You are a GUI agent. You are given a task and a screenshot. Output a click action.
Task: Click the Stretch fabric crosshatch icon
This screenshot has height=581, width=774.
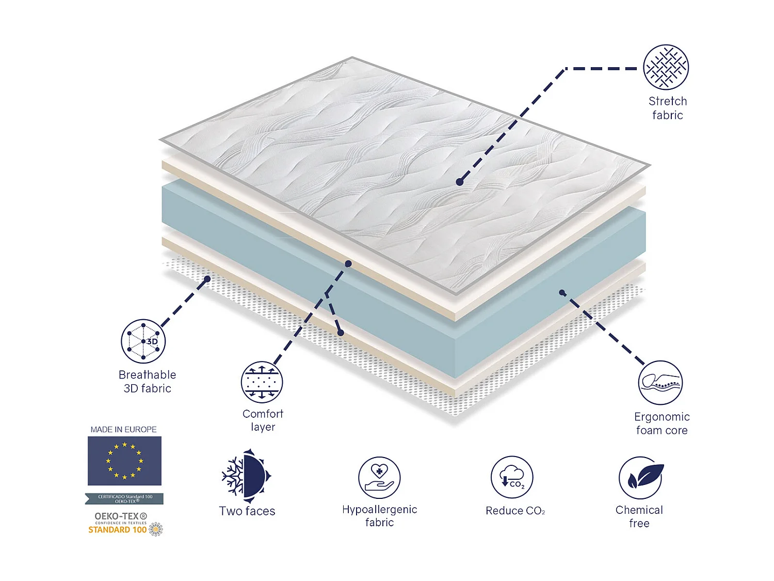(x=666, y=67)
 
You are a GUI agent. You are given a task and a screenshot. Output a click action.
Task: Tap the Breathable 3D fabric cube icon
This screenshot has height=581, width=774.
(x=143, y=341)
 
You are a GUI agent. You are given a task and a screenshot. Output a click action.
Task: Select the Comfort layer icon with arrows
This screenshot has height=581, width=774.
(x=262, y=382)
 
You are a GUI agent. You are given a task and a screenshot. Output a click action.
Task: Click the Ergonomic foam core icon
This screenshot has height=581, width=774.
(x=660, y=383)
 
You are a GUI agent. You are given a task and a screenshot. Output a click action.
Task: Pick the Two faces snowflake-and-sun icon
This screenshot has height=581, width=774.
(x=246, y=476)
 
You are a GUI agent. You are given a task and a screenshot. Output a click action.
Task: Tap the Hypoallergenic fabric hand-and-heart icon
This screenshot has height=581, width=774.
(x=379, y=478)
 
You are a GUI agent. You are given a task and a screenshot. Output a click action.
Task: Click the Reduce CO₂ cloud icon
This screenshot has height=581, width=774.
(x=512, y=477)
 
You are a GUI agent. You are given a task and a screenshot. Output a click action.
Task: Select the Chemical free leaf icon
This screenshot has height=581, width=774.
(x=641, y=478)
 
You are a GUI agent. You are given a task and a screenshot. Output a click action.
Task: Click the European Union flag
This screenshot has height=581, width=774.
(x=124, y=461)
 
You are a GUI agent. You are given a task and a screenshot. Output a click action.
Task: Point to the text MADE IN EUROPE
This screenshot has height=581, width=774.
(x=124, y=429)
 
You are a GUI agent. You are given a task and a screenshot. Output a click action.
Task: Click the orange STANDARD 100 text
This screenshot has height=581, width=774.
(x=118, y=530)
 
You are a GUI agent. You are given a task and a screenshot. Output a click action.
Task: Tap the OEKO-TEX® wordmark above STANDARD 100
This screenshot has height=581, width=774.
(x=121, y=516)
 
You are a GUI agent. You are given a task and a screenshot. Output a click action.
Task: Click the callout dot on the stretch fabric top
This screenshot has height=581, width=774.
(x=459, y=182)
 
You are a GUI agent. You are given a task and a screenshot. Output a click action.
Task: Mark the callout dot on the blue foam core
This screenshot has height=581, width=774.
(x=562, y=293)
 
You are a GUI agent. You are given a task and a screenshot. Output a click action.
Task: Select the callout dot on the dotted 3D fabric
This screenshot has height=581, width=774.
(x=207, y=279)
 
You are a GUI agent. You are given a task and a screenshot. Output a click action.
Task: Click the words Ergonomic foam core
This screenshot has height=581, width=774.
(x=662, y=423)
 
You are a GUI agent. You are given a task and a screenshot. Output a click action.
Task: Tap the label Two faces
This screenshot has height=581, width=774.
(x=247, y=511)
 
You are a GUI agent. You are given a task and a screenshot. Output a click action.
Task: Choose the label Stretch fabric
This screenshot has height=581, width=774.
(x=668, y=108)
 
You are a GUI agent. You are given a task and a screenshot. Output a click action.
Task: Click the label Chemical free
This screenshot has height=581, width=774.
(x=639, y=516)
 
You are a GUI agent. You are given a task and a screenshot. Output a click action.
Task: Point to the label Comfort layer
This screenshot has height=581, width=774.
(x=263, y=420)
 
